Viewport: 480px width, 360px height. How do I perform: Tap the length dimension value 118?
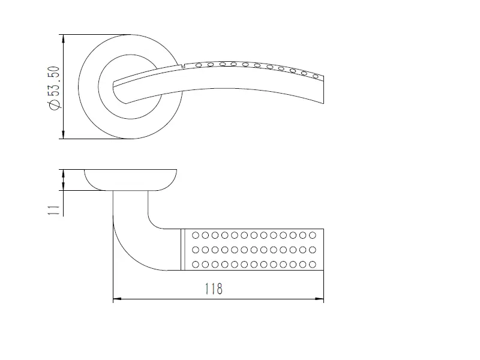(x=214, y=289)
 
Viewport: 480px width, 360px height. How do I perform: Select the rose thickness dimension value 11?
(x=54, y=210)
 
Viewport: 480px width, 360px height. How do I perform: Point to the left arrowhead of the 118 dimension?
(x=118, y=299)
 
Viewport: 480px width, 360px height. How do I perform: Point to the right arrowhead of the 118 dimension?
(x=319, y=299)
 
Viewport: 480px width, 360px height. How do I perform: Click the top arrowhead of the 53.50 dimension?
(x=64, y=39)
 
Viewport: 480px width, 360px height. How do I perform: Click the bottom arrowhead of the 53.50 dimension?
(x=64, y=134)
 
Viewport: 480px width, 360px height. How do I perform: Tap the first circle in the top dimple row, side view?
(x=196, y=235)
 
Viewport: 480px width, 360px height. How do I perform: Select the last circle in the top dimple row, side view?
(x=313, y=235)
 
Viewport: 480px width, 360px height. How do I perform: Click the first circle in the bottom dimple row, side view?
(x=196, y=264)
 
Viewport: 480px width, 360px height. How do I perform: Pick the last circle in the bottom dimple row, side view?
(x=313, y=264)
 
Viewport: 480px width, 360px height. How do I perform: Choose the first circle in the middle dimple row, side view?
(x=196, y=250)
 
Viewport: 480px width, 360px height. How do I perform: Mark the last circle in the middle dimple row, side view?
(x=313, y=250)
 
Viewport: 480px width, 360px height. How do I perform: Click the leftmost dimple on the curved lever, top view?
(x=199, y=65)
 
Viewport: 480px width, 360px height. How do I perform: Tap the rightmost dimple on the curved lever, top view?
(x=316, y=76)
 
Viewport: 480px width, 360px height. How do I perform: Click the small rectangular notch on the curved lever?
(x=183, y=66)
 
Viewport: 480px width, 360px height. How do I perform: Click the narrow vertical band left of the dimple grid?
(x=183, y=250)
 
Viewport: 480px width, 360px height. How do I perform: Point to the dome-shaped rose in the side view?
(x=131, y=180)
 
